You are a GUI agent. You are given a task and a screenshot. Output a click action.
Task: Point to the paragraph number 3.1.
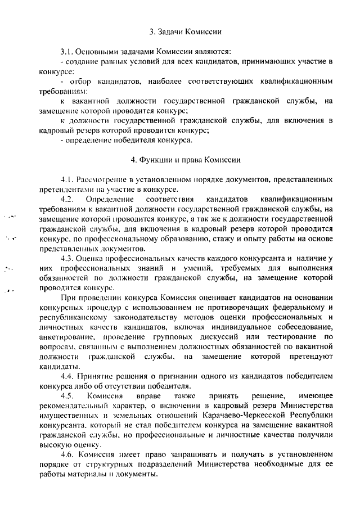[67, 51]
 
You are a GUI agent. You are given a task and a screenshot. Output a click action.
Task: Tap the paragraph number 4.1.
[67, 179]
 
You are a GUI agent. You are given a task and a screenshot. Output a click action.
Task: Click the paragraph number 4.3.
[67, 258]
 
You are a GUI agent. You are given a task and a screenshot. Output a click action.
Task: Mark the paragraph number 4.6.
[67, 454]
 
